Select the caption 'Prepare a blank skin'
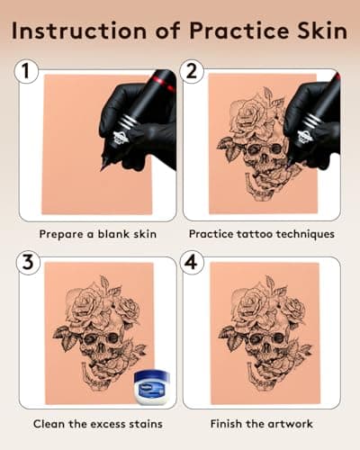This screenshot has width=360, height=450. [x=98, y=233]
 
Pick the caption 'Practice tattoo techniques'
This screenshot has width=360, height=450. [x=262, y=233]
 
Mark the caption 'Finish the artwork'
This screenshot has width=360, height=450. [x=262, y=422]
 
